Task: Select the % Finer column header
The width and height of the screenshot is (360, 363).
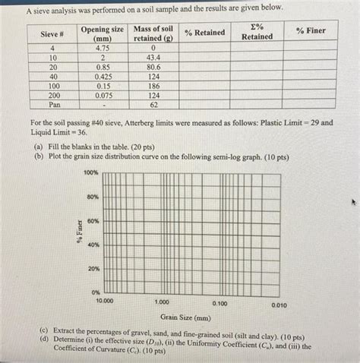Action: point(311,30)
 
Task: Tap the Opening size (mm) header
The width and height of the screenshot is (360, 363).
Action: point(102,33)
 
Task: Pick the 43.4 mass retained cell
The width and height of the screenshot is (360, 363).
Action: point(153,57)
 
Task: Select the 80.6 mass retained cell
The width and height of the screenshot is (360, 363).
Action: point(153,67)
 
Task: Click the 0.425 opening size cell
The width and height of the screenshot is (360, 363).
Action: point(102,77)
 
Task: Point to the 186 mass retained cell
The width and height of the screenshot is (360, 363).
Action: point(153,87)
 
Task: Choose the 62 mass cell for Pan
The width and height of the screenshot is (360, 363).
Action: point(153,106)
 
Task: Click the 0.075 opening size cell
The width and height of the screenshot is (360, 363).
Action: point(102,96)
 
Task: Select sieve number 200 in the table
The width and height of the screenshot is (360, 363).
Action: point(53,96)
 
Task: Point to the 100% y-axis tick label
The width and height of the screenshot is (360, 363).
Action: point(90,173)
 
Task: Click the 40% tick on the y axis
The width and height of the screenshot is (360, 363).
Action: point(92,245)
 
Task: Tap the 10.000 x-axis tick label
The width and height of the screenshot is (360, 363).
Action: point(104,301)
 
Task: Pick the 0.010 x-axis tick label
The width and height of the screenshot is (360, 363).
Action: point(279,305)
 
